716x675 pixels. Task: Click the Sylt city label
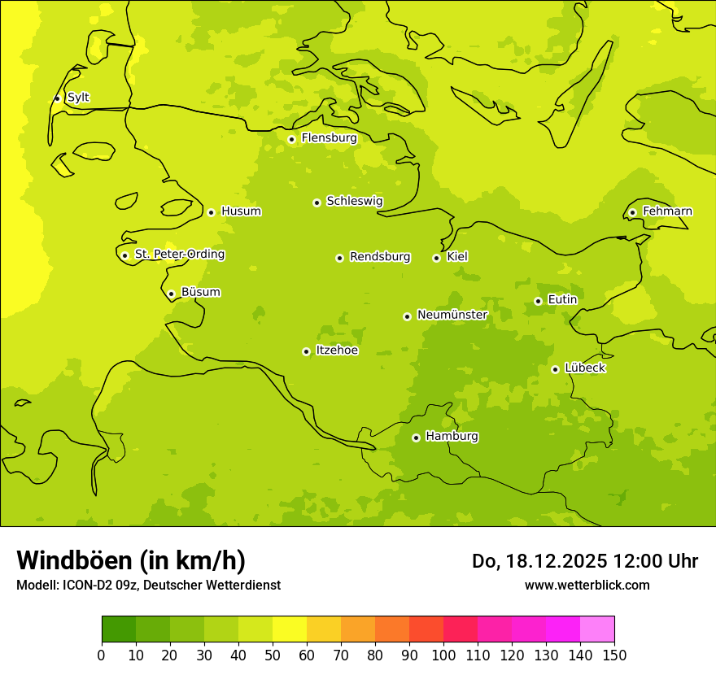tap(78, 98)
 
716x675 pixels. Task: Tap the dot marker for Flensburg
tap(291, 139)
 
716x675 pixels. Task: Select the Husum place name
tap(241, 211)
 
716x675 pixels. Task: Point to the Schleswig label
tap(354, 201)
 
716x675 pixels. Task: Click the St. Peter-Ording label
tap(179, 255)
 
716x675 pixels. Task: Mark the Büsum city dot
tap(171, 294)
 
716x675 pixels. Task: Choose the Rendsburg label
tap(380, 257)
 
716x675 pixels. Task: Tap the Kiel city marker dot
tap(436, 258)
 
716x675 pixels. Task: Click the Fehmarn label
tap(667, 211)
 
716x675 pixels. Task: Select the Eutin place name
tap(562, 300)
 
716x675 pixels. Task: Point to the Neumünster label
tap(452, 315)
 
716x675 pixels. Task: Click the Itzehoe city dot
tap(306, 351)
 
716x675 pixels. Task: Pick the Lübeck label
tap(584, 368)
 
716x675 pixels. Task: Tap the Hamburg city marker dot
tap(416, 438)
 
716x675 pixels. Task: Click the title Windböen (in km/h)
tap(131, 560)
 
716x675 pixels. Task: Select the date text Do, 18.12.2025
tap(538, 561)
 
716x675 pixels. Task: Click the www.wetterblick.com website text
tap(587, 585)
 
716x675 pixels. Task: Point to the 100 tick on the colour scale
tap(443, 655)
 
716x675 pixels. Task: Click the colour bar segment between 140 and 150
tap(597, 629)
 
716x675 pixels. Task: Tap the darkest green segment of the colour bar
tap(119, 629)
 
